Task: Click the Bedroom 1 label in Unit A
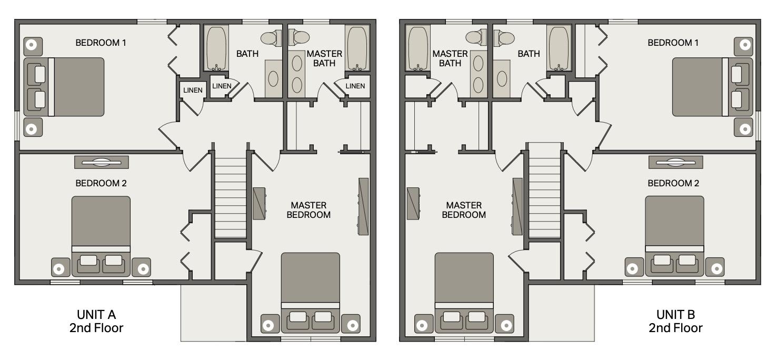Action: (101, 43)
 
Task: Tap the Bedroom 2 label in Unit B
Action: (673, 183)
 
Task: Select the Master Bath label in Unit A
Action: (324, 58)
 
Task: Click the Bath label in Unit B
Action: (529, 54)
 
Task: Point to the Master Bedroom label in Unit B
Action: (464, 210)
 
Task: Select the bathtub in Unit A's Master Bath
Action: (357, 48)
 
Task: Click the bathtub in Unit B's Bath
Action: (559, 48)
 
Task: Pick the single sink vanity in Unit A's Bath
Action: (273, 79)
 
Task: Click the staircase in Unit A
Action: (231, 198)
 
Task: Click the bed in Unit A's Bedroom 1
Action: (64, 87)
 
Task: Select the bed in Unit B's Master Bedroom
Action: (464, 293)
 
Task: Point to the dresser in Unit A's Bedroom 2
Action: (102, 162)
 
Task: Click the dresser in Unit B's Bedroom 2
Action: (676, 162)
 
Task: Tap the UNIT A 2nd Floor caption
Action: (96, 321)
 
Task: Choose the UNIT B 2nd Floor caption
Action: (676, 321)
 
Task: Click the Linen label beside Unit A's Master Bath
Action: (355, 86)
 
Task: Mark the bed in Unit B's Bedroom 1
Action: (712, 87)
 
